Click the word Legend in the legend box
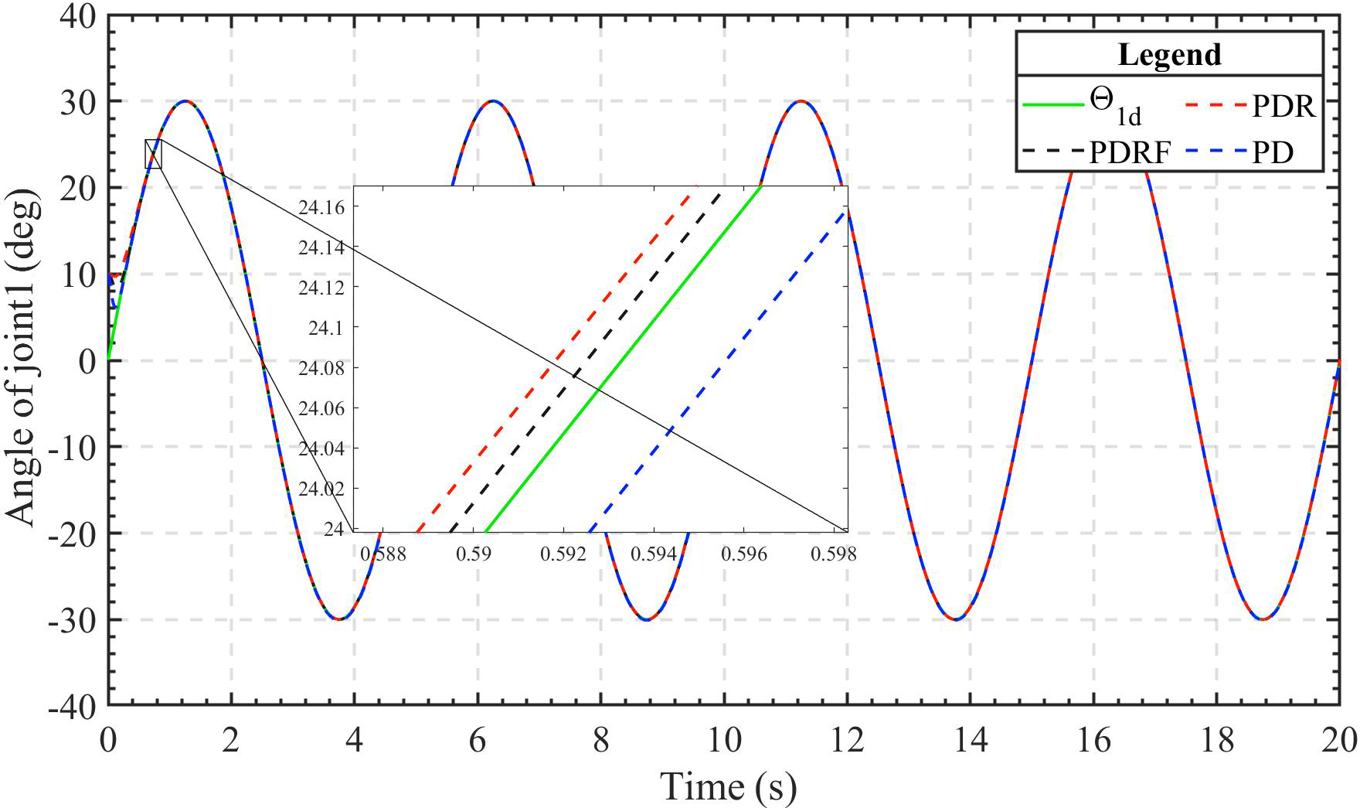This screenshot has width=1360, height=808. click(x=1169, y=55)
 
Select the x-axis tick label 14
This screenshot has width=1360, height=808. click(x=971, y=741)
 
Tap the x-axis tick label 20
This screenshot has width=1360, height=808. click(x=1338, y=741)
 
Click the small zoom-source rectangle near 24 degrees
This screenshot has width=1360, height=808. click(x=153, y=154)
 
